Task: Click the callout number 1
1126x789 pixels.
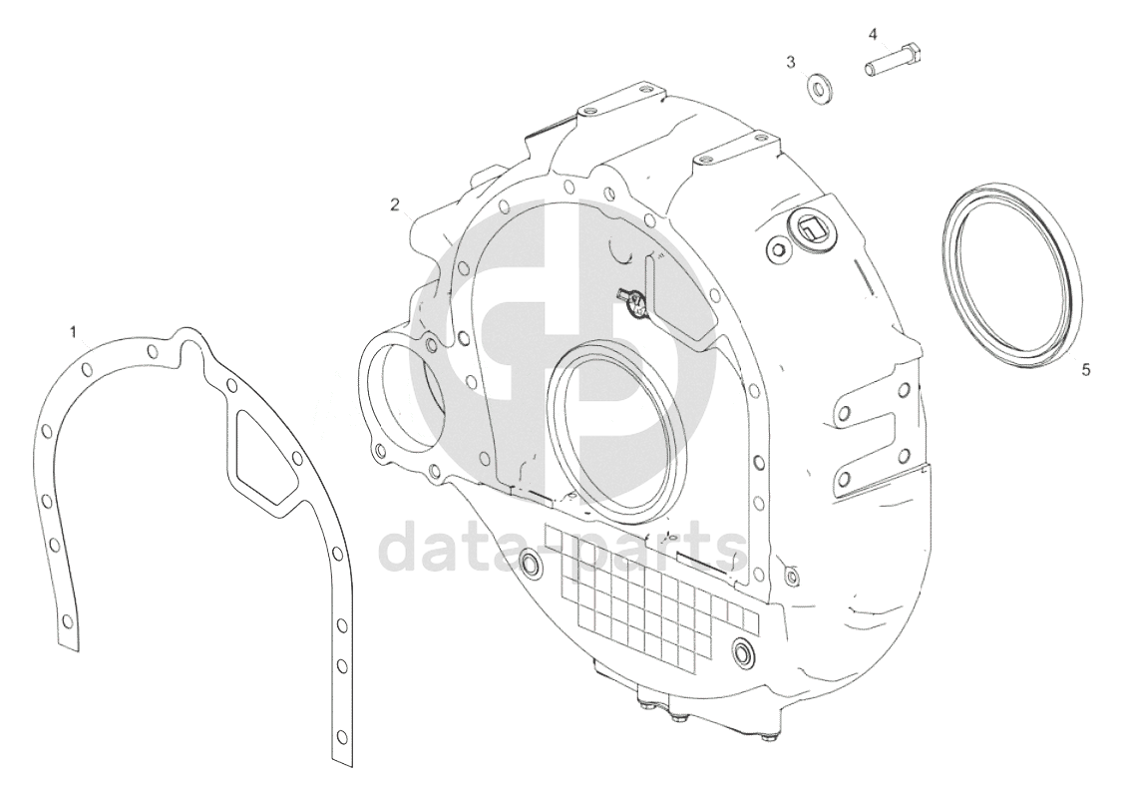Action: [73, 331]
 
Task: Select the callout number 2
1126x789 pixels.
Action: [395, 205]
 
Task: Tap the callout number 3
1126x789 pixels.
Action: [791, 62]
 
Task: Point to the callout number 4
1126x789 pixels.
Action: [873, 34]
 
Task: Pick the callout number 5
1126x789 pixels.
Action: [1086, 369]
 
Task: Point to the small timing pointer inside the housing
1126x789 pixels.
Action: [631, 300]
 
